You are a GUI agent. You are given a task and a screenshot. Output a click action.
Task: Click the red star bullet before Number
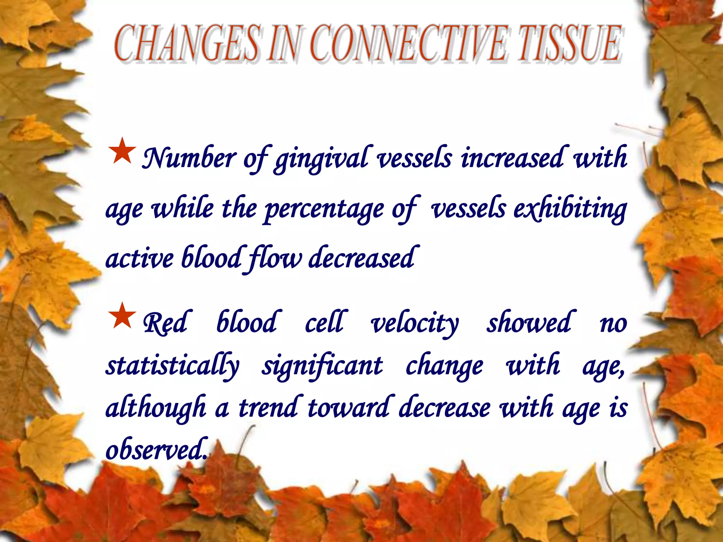click(122, 151)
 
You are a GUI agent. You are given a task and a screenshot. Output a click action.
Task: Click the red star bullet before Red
click(122, 316)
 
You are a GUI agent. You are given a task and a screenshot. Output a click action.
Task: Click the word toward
click(348, 408)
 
